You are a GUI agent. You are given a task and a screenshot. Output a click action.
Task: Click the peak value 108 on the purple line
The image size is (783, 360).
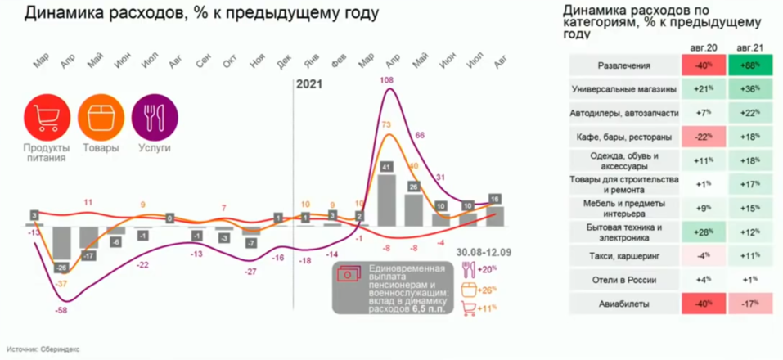[389, 79]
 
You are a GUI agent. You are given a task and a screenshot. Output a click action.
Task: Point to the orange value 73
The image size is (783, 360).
[388, 124]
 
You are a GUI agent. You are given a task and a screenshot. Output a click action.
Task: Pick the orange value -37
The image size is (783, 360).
[61, 283]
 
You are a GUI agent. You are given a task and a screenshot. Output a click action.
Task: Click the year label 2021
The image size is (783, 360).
[309, 83]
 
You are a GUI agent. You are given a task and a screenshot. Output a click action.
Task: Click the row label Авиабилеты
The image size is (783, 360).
[623, 303]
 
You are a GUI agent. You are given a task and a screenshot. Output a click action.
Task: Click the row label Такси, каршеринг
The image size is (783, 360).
[623, 255]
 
